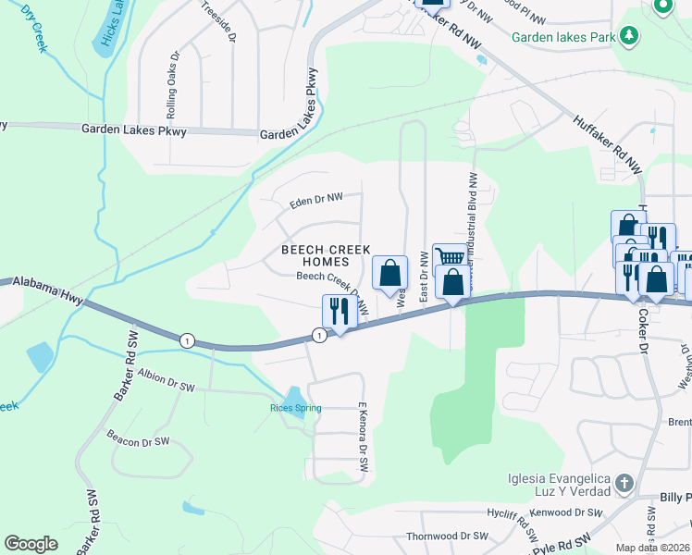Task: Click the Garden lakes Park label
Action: click(x=562, y=36)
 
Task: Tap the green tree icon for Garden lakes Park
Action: click(x=629, y=35)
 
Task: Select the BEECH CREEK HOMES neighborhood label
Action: click(x=326, y=256)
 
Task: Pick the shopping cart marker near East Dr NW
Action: click(x=450, y=258)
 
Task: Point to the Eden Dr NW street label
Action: click(x=315, y=197)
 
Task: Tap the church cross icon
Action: click(x=624, y=484)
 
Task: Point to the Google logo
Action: click(x=31, y=544)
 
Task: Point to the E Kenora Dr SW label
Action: click(x=364, y=438)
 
